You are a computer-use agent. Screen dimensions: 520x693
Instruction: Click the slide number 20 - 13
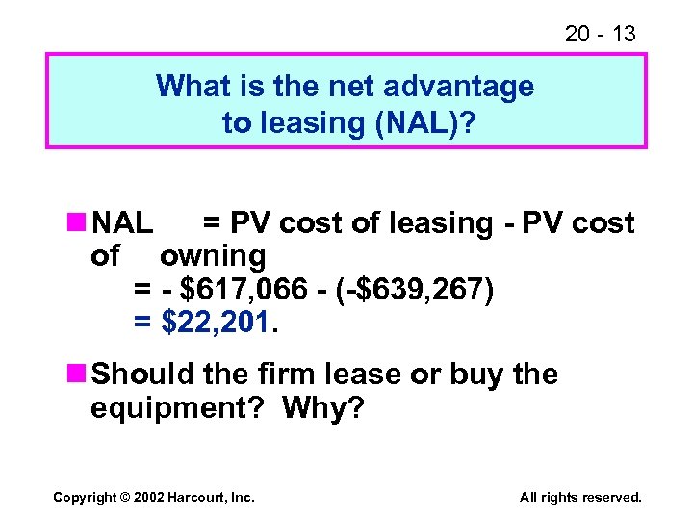[x=601, y=34]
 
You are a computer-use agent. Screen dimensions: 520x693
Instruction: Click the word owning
[x=213, y=256]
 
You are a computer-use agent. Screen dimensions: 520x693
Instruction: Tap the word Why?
[x=324, y=408]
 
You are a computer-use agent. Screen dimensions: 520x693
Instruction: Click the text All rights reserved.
[x=580, y=497]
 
